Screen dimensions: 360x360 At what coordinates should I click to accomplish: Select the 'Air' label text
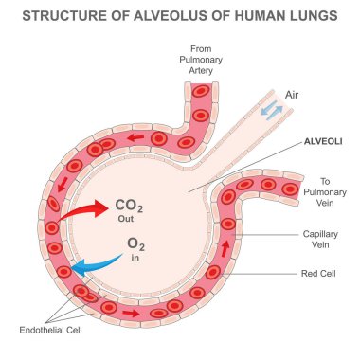point(294,96)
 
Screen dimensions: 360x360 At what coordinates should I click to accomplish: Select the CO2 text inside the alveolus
point(129,202)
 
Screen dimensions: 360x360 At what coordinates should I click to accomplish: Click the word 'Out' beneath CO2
point(128,217)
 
